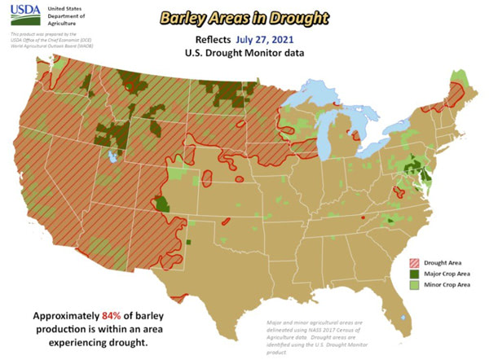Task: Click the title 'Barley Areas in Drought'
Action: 244,17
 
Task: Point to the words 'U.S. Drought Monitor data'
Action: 244,53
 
